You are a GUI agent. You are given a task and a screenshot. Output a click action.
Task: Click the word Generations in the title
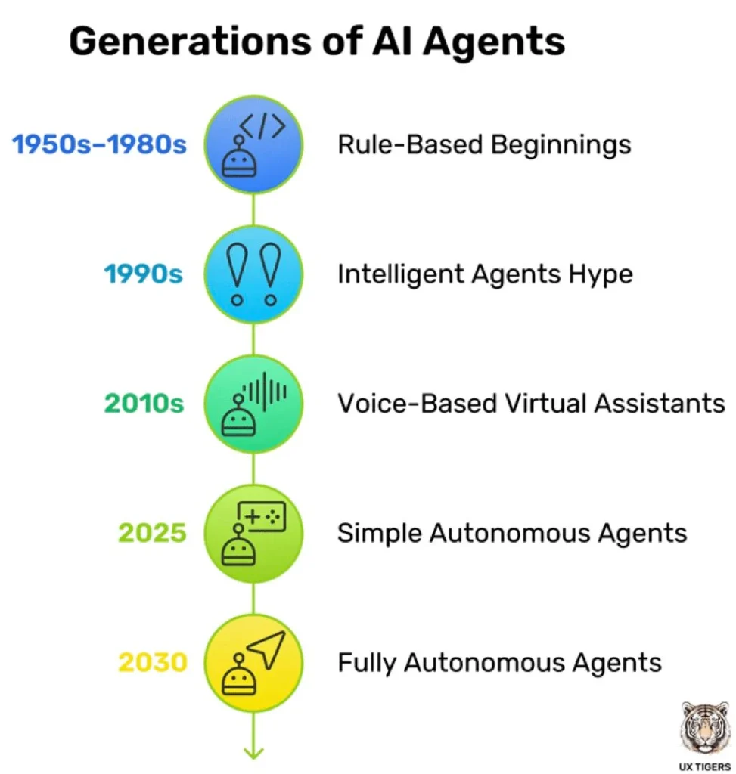190,42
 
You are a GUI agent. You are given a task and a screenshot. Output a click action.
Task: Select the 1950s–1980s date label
99,144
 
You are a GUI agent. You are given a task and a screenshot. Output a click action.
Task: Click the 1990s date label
143,274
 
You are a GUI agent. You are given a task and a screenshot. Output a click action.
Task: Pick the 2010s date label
144,404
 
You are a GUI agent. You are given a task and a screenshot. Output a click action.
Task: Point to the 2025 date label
152,533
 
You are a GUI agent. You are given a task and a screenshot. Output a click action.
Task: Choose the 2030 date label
153,662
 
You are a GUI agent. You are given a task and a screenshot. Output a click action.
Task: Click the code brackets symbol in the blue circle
262,125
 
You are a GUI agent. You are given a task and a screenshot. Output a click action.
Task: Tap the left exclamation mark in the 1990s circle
237,274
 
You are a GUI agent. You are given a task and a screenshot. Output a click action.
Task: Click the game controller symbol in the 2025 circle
262,516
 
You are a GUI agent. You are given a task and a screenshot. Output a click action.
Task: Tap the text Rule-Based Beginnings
484,145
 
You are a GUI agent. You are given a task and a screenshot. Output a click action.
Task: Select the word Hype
600,274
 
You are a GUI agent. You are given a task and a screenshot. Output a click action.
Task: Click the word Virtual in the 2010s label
545,404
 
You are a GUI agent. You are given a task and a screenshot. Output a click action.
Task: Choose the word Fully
367,663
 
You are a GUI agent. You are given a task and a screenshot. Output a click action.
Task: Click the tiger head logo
705,728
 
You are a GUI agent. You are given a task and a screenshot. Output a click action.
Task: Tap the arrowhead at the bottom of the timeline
253,754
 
